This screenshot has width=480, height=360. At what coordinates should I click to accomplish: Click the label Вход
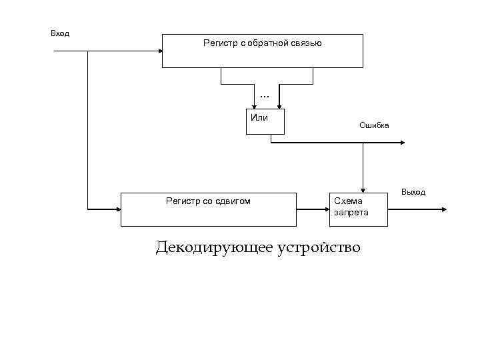tap(60, 33)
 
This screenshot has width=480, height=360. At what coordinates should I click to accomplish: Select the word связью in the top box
tap(307, 43)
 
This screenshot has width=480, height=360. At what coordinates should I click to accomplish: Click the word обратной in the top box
tap(267, 43)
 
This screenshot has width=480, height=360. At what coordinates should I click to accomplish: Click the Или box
tap(265, 121)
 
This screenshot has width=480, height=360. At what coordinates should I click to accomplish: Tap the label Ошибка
tap(374, 125)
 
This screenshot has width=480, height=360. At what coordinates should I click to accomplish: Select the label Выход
tap(413, 192)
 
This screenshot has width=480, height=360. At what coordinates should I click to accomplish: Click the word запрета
tap(351, 213)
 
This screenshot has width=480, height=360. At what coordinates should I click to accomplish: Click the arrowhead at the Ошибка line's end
tap(403, 143)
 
